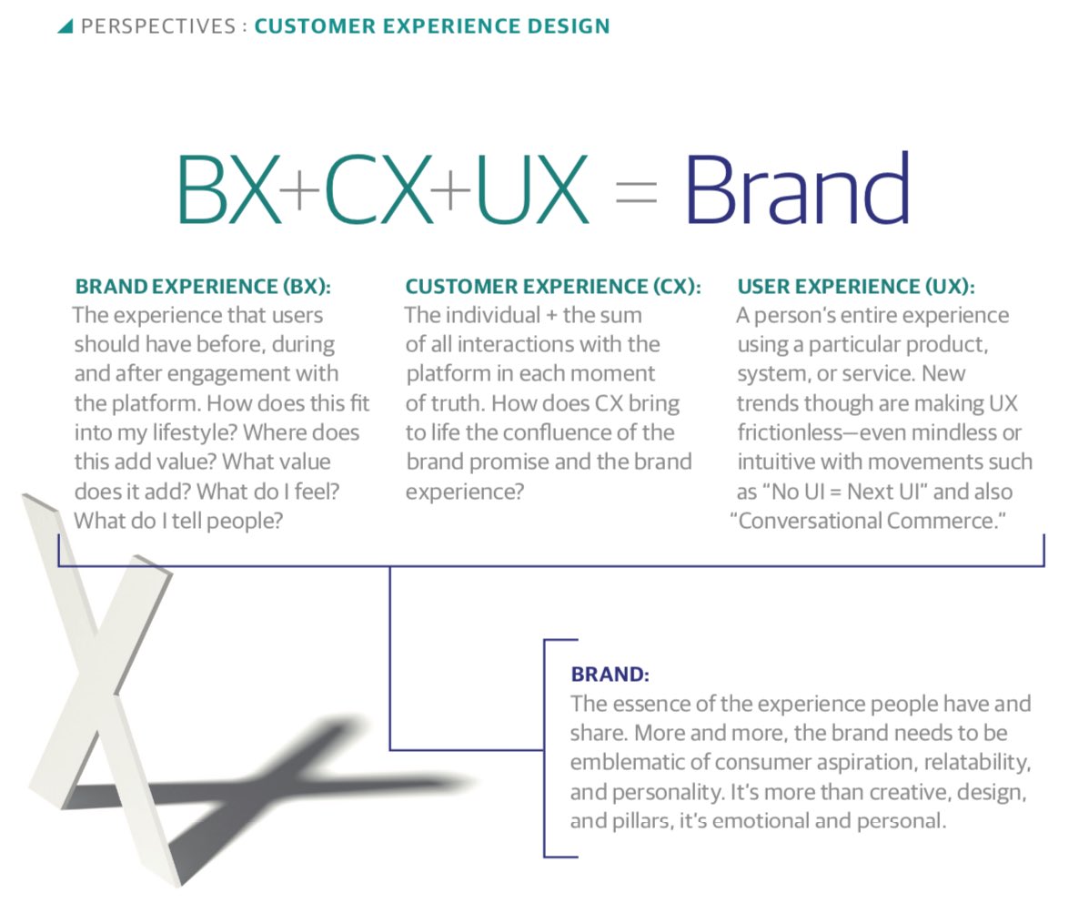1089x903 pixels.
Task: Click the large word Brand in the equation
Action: (796, 191)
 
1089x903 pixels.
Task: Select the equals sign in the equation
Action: (636, 194)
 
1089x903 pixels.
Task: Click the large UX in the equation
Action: (532, 191)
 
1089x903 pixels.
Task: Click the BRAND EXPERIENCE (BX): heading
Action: (203, 287)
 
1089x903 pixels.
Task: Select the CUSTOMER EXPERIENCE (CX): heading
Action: (553, 287)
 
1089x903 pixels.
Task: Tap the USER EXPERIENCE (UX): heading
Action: (855, 287)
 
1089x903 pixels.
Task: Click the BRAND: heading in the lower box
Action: (610, 675)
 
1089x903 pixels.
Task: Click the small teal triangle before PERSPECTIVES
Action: (65, 26)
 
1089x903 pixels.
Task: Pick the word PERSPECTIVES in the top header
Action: (158, 26)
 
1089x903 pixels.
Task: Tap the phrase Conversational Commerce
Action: (868, 521)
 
